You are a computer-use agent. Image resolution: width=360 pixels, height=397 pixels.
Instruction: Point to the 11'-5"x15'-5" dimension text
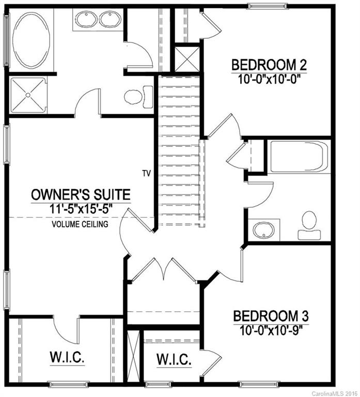tap(81, 209)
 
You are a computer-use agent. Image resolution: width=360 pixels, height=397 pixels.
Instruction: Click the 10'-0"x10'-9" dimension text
tap(271, 329)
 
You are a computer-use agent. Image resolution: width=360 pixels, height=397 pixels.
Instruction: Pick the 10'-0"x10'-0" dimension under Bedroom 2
tap(269, 79)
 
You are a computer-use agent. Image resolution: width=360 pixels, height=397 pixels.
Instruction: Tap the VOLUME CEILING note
tap(80, 224)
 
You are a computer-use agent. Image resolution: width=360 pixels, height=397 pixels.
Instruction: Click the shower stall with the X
tap(27, 95)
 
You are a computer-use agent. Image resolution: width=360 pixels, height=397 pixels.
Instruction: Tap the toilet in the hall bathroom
tap(310, 224)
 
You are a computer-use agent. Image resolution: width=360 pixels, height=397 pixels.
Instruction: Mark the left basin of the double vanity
tap(84, 20)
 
